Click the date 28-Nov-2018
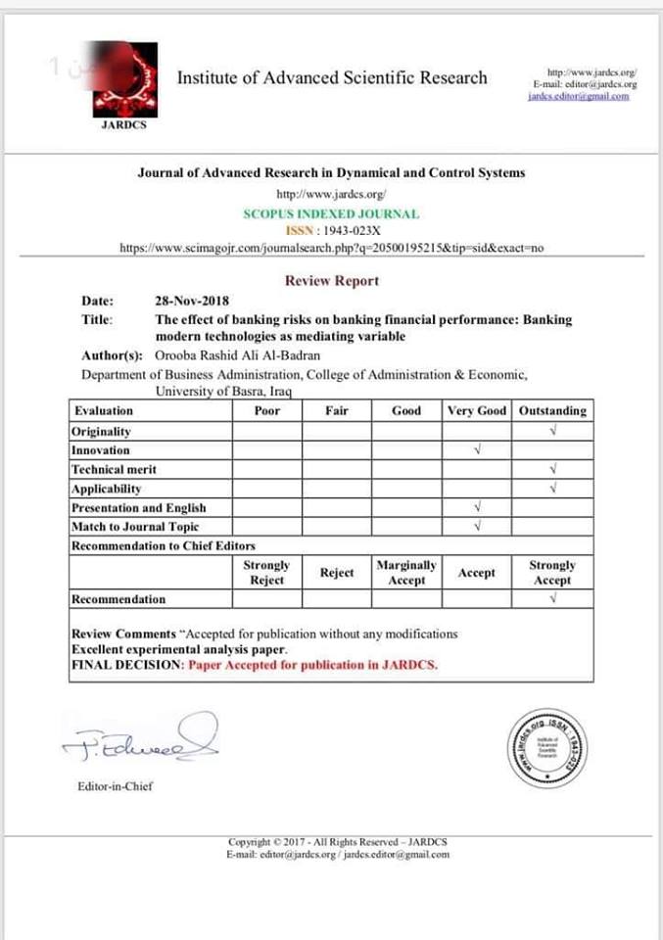192,301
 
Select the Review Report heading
331,281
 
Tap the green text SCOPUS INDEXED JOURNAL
331,213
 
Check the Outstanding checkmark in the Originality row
553,431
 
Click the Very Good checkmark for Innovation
476,450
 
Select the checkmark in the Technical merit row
553,469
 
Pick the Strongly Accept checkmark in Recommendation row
553,599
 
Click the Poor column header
266,411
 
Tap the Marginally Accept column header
406,573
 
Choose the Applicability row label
107,489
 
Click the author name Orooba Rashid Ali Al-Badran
237,355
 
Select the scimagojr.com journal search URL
331,249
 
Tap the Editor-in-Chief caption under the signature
115,785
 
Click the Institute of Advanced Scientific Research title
331,78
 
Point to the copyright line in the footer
338,842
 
